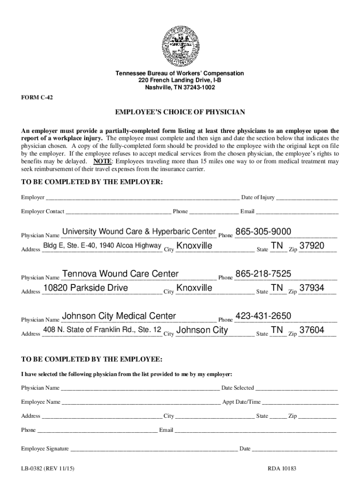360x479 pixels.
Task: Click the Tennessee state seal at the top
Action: click(180, 44)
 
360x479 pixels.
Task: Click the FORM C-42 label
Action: click(36, 99)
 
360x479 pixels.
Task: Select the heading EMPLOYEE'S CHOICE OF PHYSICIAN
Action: click(180, 112)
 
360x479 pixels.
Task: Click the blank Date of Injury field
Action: click(307, 198)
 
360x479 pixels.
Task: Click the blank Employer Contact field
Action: click(118, 212)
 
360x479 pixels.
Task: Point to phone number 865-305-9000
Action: click(263, 232)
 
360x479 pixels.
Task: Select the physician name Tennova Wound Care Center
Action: click(120, 274)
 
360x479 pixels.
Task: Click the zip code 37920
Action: click(312, 246)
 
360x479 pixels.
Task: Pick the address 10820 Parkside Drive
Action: click(86, 288)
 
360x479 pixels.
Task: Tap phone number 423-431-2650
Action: click(263, 316)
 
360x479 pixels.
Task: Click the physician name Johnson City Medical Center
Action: click(119, 316)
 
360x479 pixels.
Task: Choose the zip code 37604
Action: click(312, 330)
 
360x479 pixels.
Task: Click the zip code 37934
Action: click(312, 288)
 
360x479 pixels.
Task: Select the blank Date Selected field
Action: click(296, 388)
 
